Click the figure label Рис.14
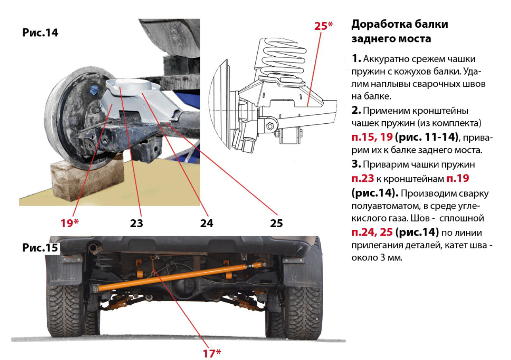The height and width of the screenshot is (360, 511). tap(40, 33)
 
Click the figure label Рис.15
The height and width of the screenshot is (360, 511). tap(40, 247)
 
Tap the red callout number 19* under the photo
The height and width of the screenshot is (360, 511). tap(69, 223)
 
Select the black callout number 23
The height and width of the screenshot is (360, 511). tap(137, 223)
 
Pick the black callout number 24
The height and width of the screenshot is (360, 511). tap(207, 223)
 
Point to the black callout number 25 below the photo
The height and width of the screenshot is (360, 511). tap(276, 223)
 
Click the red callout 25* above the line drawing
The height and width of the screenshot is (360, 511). tap(323, 26)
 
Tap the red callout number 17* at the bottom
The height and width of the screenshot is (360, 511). tap(212, 353)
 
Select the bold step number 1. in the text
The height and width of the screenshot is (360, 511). tap(356, 59)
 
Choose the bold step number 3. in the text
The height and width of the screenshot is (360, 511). tap(356, 164)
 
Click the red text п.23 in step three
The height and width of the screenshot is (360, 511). tap(363, 178)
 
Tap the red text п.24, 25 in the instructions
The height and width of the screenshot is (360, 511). tap(372, 232)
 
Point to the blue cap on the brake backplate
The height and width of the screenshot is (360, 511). tap(94, 90)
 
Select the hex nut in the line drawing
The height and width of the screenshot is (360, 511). tap(270, 126)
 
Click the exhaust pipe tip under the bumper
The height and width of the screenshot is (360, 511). tap(93, 248)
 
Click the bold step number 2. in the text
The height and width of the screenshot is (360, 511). tap(356, 111)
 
